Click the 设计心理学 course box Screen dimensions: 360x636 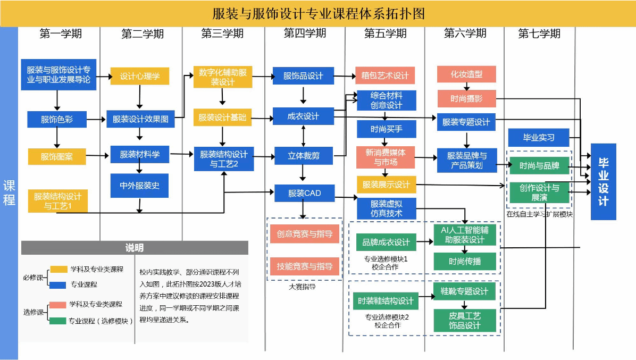(x=139, y=76)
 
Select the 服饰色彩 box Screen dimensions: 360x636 (x=57, y=119)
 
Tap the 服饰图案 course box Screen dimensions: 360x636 (x=57, y=156)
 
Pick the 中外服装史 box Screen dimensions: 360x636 (x=139, y=186)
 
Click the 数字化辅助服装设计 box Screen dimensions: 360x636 (x=222, y=77)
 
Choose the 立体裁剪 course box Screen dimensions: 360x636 (x=303, y=156)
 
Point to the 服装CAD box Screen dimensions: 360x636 (x=304, y=193)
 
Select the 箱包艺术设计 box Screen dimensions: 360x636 (x=385, y=76)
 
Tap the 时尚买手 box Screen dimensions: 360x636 (x=386, y=129)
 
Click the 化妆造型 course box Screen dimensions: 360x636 (x=466, y=74)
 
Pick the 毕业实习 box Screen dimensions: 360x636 (x=538, y=137)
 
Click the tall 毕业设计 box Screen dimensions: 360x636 (x=603, y=181)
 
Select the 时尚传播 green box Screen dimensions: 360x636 (x=465, y=261)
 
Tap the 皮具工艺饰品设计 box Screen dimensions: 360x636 (x=465, y=321)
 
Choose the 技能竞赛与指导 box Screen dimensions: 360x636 (x=304, y=266)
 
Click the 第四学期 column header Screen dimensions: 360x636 (x=304, y=34)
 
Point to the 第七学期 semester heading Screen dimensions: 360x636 (x=539, y=34)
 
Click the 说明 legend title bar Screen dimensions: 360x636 (x=134, y=248)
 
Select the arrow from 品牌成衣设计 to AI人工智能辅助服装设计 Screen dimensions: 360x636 (x=426, y=242)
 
